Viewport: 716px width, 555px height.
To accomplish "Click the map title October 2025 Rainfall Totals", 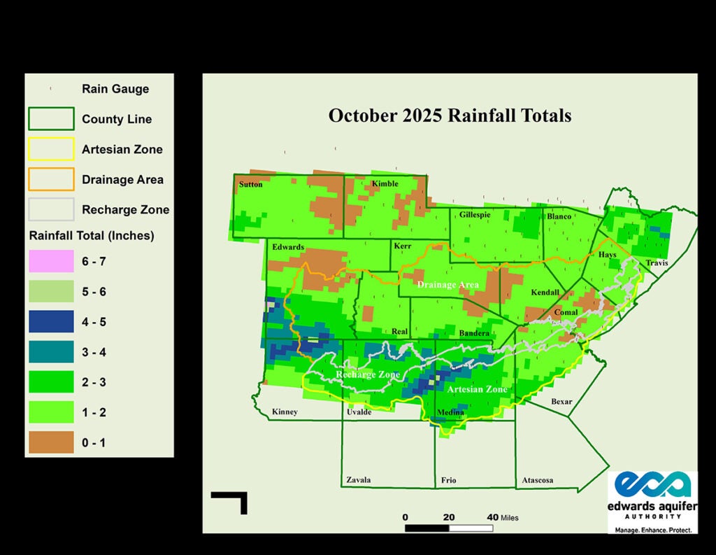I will point(450,115).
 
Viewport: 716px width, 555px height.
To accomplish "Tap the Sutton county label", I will point(251,184).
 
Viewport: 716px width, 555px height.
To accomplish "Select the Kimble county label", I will point(385,184).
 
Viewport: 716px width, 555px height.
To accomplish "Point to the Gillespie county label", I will point(475,215).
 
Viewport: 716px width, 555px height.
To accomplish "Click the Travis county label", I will point(657,263).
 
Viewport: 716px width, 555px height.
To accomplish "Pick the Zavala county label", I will point(359,480).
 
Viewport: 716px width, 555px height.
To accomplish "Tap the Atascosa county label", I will point(538,480).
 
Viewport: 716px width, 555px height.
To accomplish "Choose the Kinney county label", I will point(285,412).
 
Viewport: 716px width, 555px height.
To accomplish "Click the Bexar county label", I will point(561,402).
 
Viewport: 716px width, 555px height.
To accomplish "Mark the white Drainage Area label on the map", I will point(447,285).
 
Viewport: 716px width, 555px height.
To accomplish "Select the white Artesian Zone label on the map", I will point(476,389).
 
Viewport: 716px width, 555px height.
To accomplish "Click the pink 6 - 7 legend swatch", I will point(51,261).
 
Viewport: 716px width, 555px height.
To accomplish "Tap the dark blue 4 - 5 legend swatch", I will point(51,322).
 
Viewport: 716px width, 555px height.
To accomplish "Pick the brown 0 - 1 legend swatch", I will point(51,442).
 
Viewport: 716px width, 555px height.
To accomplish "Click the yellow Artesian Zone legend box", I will point(51,149).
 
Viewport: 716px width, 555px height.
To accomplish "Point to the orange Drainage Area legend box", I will point(51,179).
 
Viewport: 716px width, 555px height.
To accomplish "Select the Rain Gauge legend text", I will point(115,89).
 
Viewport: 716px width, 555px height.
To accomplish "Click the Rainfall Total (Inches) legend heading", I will point(92,235).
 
